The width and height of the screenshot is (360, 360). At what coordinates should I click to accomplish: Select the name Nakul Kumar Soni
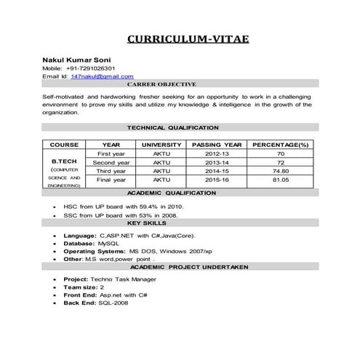point(76,58)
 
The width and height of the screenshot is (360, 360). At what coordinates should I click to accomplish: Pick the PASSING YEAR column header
point(217,145)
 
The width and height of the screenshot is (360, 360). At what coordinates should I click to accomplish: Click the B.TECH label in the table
point(64,161)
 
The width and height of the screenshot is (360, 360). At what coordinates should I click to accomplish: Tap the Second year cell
point(111,163)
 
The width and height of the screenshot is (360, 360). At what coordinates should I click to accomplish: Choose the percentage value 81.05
point(281,180)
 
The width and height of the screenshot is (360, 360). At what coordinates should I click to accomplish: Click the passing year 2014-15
point(217,171)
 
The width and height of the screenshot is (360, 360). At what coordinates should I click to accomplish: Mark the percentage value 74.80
point(281,171)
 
